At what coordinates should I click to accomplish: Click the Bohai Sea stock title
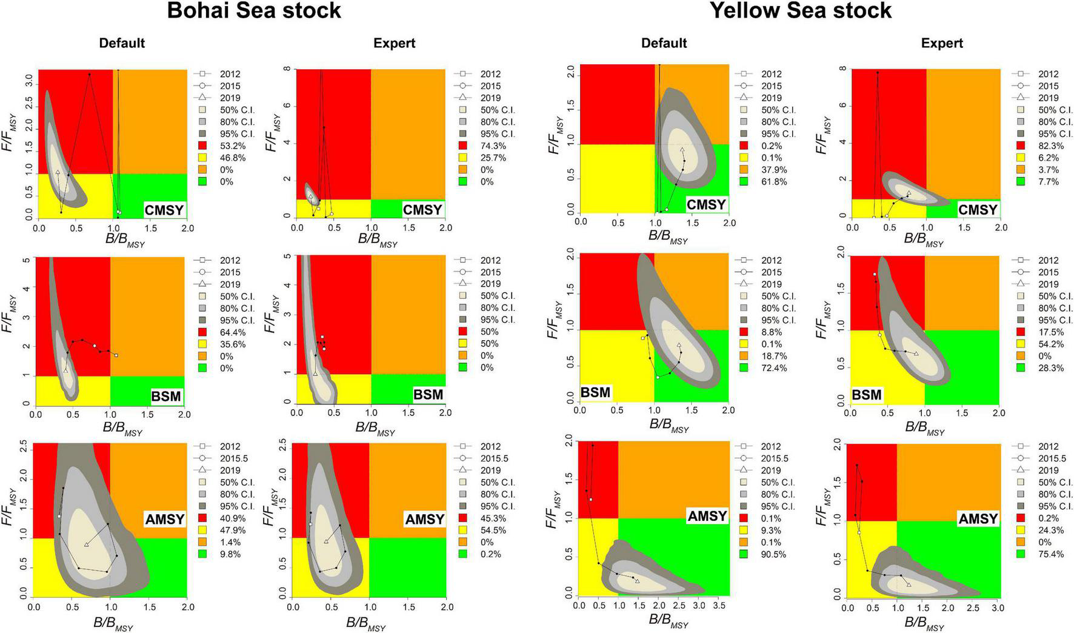pos(254,11)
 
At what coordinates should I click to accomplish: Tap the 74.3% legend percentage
pos(493,146)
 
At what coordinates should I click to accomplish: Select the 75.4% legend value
pos(1051,554)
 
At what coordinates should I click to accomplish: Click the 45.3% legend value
pos(493,518)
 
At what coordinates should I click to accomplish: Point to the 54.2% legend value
pos(1051,344)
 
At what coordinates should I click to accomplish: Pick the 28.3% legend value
pos(1051,368)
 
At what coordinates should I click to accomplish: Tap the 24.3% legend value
pos(1051,531)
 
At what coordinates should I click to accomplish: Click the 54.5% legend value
pos(493,531)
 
